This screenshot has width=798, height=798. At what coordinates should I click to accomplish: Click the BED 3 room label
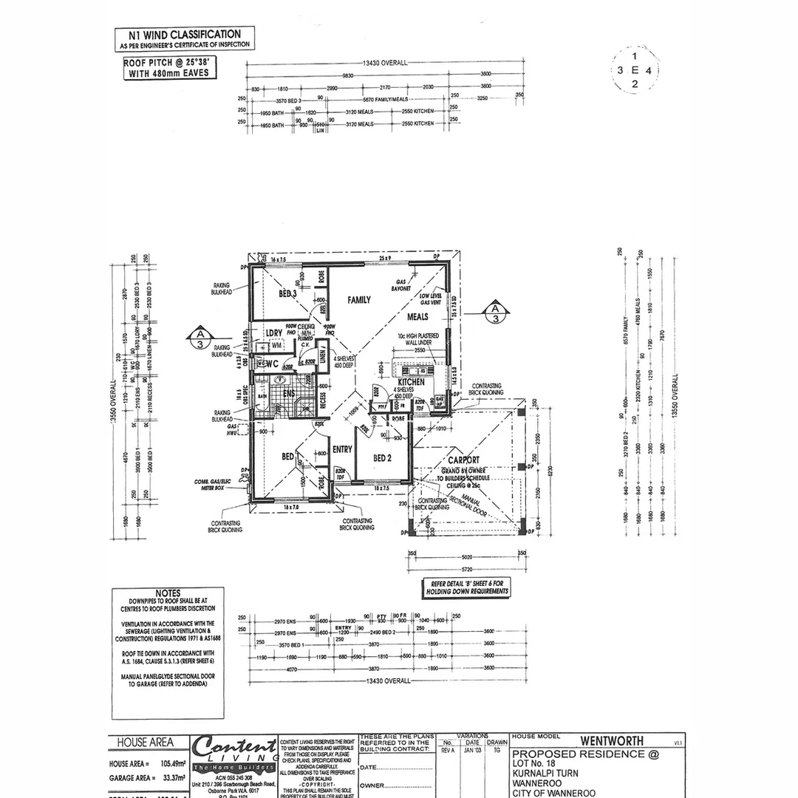click(287, 294)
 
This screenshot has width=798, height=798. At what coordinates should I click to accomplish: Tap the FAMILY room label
click(359, 300)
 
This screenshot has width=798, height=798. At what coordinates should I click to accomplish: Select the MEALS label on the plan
click(417, 317)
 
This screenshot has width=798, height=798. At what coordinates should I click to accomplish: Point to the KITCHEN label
click(412, 382)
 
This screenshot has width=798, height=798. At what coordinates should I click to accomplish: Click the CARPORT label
click(463, 460)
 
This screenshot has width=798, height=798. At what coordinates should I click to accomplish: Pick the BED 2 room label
click(382, 458)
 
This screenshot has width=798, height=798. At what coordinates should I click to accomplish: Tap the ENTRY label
click(342, 449)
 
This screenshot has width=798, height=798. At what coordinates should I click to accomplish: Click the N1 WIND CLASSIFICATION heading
click(185, 34)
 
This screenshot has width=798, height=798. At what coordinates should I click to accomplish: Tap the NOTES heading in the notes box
click(168, 593)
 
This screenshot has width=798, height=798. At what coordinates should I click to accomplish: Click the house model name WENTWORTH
click(611, 740)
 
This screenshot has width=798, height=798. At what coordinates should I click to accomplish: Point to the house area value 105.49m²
click(168, 764)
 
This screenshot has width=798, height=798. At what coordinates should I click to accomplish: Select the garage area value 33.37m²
click(168, 778)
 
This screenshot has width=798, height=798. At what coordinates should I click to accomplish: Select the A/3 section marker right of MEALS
click(496, 313)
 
